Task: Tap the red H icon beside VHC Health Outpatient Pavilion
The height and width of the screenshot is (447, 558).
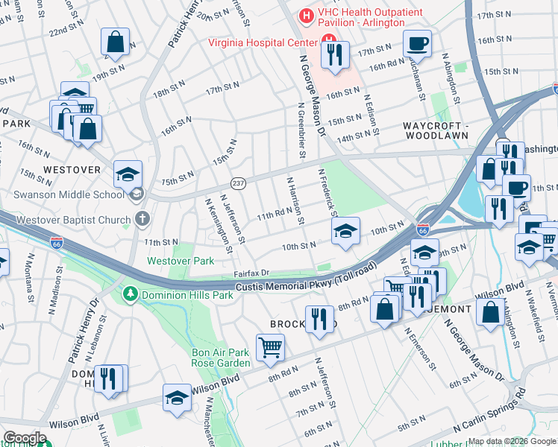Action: (305, 15)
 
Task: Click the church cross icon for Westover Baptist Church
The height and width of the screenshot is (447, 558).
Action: (143, 219)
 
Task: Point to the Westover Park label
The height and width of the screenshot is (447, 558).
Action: (180, 261)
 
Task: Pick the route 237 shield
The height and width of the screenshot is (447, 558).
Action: (238, 183)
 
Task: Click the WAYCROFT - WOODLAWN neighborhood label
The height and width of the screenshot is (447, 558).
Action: (436, 130)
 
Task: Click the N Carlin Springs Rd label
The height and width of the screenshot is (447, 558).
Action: (490, 412)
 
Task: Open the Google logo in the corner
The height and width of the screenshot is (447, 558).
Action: (24, 438)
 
